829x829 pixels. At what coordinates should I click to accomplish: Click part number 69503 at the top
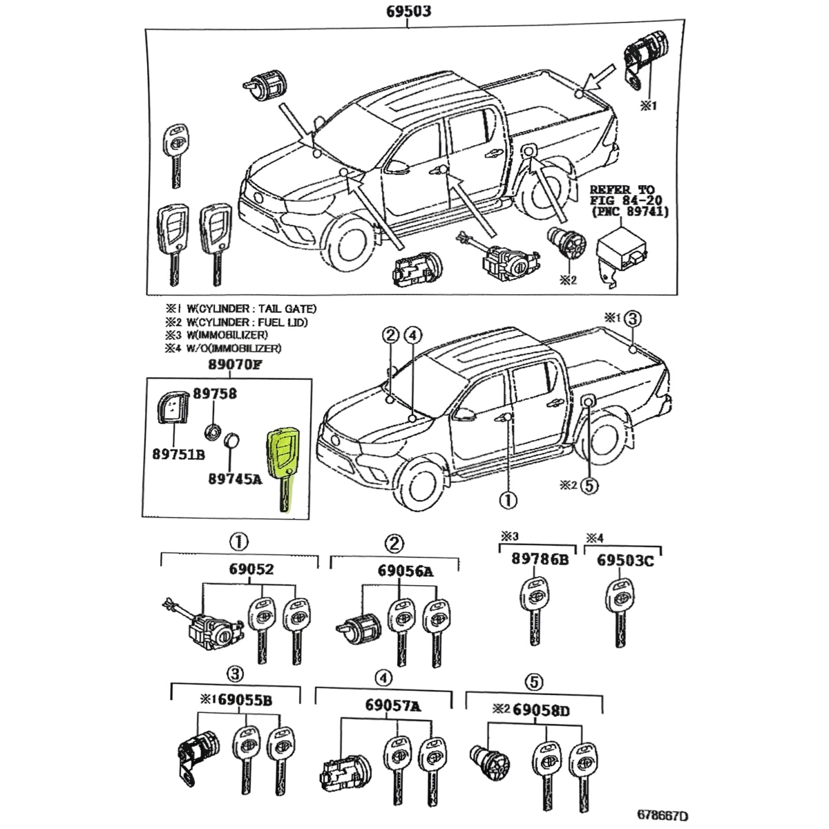pyautogui.click(x=407, y=12)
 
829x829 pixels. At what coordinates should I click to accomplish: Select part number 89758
pyautogui.click(x=214, y=394)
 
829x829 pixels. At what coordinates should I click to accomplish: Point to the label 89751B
pyautogui.click(x=178, y=455)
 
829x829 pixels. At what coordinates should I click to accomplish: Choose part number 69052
pyautogui.click(x=251, y=569)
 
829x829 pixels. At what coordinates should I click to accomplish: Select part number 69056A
pyautogui.click(x=406, y=571)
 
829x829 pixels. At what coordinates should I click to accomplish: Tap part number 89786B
pyautogui.click(x=540, y=560)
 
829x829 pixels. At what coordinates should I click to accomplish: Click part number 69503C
pyautogui.click(x=625, y=560)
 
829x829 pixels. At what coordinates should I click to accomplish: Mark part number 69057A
pyautogui.click(x=393, y=705)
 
